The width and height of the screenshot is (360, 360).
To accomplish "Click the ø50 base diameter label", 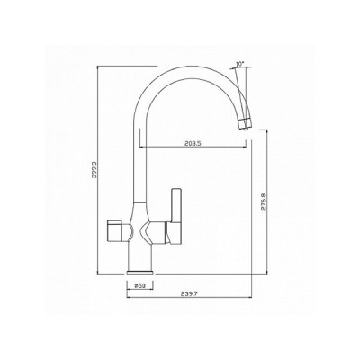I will (x=139, y=286).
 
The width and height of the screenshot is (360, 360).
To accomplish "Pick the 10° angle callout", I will (x=238, y=64).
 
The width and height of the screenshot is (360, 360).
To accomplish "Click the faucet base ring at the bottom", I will (x=142, y=267).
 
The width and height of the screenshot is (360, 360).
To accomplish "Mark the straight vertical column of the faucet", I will (x=142, y=162).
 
